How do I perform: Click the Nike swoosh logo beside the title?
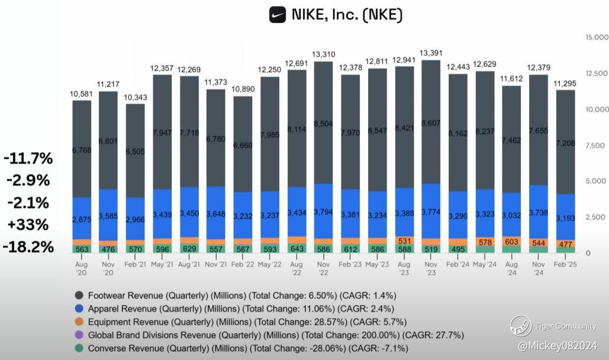pos(278,15)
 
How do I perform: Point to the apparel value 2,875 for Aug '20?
pos(82,220)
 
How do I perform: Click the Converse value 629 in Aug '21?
pos(189,248)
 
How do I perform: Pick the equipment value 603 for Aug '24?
pos(512,242)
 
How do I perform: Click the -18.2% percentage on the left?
pos(28,246)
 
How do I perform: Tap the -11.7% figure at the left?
pos(28,159)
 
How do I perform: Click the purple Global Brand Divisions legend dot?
pos(79,335)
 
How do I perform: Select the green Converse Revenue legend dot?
pos(79,348)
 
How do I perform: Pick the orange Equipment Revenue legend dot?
pos(79,322)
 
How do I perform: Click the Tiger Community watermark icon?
pos(521,326)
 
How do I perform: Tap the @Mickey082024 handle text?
pos(557,345)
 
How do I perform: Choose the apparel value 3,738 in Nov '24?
pos(539,213)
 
